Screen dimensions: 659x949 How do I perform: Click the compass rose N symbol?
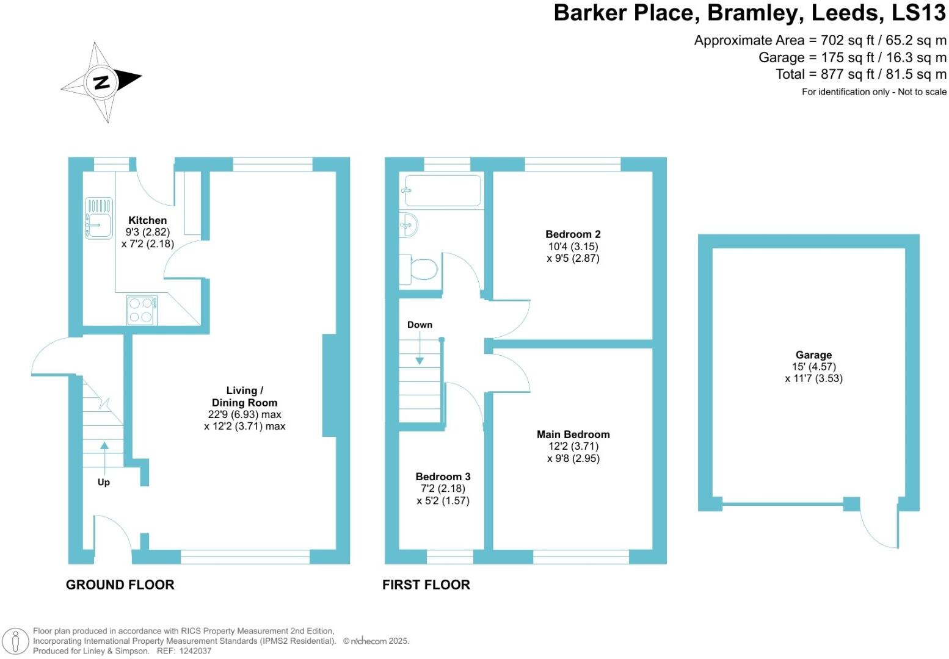(101, 82)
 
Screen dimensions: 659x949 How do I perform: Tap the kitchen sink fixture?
(98, 217)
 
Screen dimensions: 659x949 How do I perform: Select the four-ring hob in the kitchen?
(141, 310)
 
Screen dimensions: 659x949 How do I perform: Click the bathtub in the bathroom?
(443, 190)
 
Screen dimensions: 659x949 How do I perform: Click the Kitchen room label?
(147, 220)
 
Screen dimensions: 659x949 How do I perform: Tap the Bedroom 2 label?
(573, 234)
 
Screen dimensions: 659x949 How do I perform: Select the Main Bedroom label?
(573, 434)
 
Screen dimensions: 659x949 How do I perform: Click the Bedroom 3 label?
(443, 477)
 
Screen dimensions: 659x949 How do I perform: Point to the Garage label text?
(813, 355)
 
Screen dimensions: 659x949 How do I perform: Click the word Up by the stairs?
(104, 482)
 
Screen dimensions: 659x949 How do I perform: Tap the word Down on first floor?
(420, 325)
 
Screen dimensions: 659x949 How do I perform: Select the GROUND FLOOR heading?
(120, 585)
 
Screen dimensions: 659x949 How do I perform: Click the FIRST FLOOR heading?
(426, 585)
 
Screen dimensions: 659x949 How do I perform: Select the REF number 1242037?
(192, 651)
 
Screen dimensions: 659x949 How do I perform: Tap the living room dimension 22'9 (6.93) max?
(244, 414)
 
